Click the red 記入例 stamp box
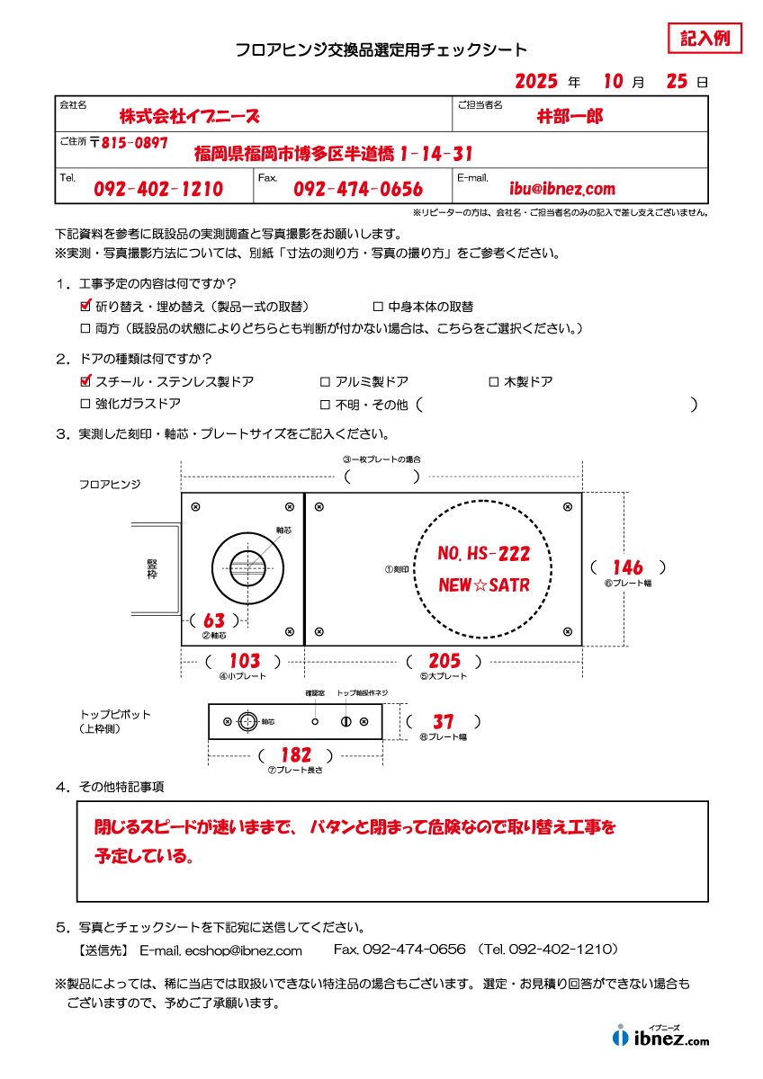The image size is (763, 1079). click(705, 39)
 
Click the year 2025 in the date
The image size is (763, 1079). click(537, 82)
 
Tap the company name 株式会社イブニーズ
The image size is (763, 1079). click(189, 116)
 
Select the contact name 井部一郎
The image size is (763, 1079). click(570, 116)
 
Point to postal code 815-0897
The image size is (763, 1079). click(135, 143)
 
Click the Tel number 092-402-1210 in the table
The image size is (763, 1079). click(158, 189)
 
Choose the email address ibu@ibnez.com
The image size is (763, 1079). click(562, 189)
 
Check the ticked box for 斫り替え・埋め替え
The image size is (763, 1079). click(86, 307)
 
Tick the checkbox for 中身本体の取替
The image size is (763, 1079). click(378, 307)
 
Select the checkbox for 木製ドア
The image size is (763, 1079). click(493, 382)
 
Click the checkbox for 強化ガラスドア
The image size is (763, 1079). click(86, 404)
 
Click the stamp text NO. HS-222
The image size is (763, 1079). click(483, 554)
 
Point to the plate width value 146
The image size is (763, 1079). click(627, 567)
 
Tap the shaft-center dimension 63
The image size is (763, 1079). click(214, 620)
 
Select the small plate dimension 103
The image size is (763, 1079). click(244, 662)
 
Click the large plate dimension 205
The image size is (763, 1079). click(444, 662)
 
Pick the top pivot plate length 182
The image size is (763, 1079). click(296, 756)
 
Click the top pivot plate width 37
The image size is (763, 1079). click(443, 722)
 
